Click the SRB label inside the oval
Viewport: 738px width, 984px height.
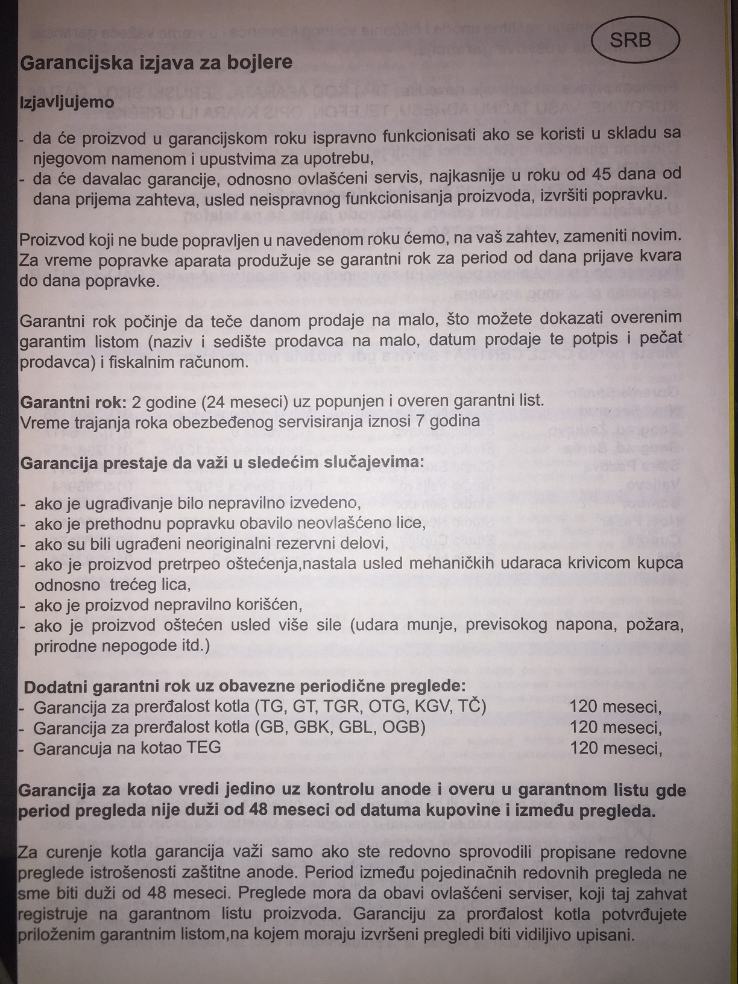pyautogui.click(x=631, y=40)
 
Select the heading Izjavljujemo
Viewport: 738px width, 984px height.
pyautogui.click(x=67, y=102)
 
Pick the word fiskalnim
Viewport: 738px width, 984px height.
pyautogui.click(x=148, y=362)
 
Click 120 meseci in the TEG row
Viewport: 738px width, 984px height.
pyautogui.click(x=616, y=748)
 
